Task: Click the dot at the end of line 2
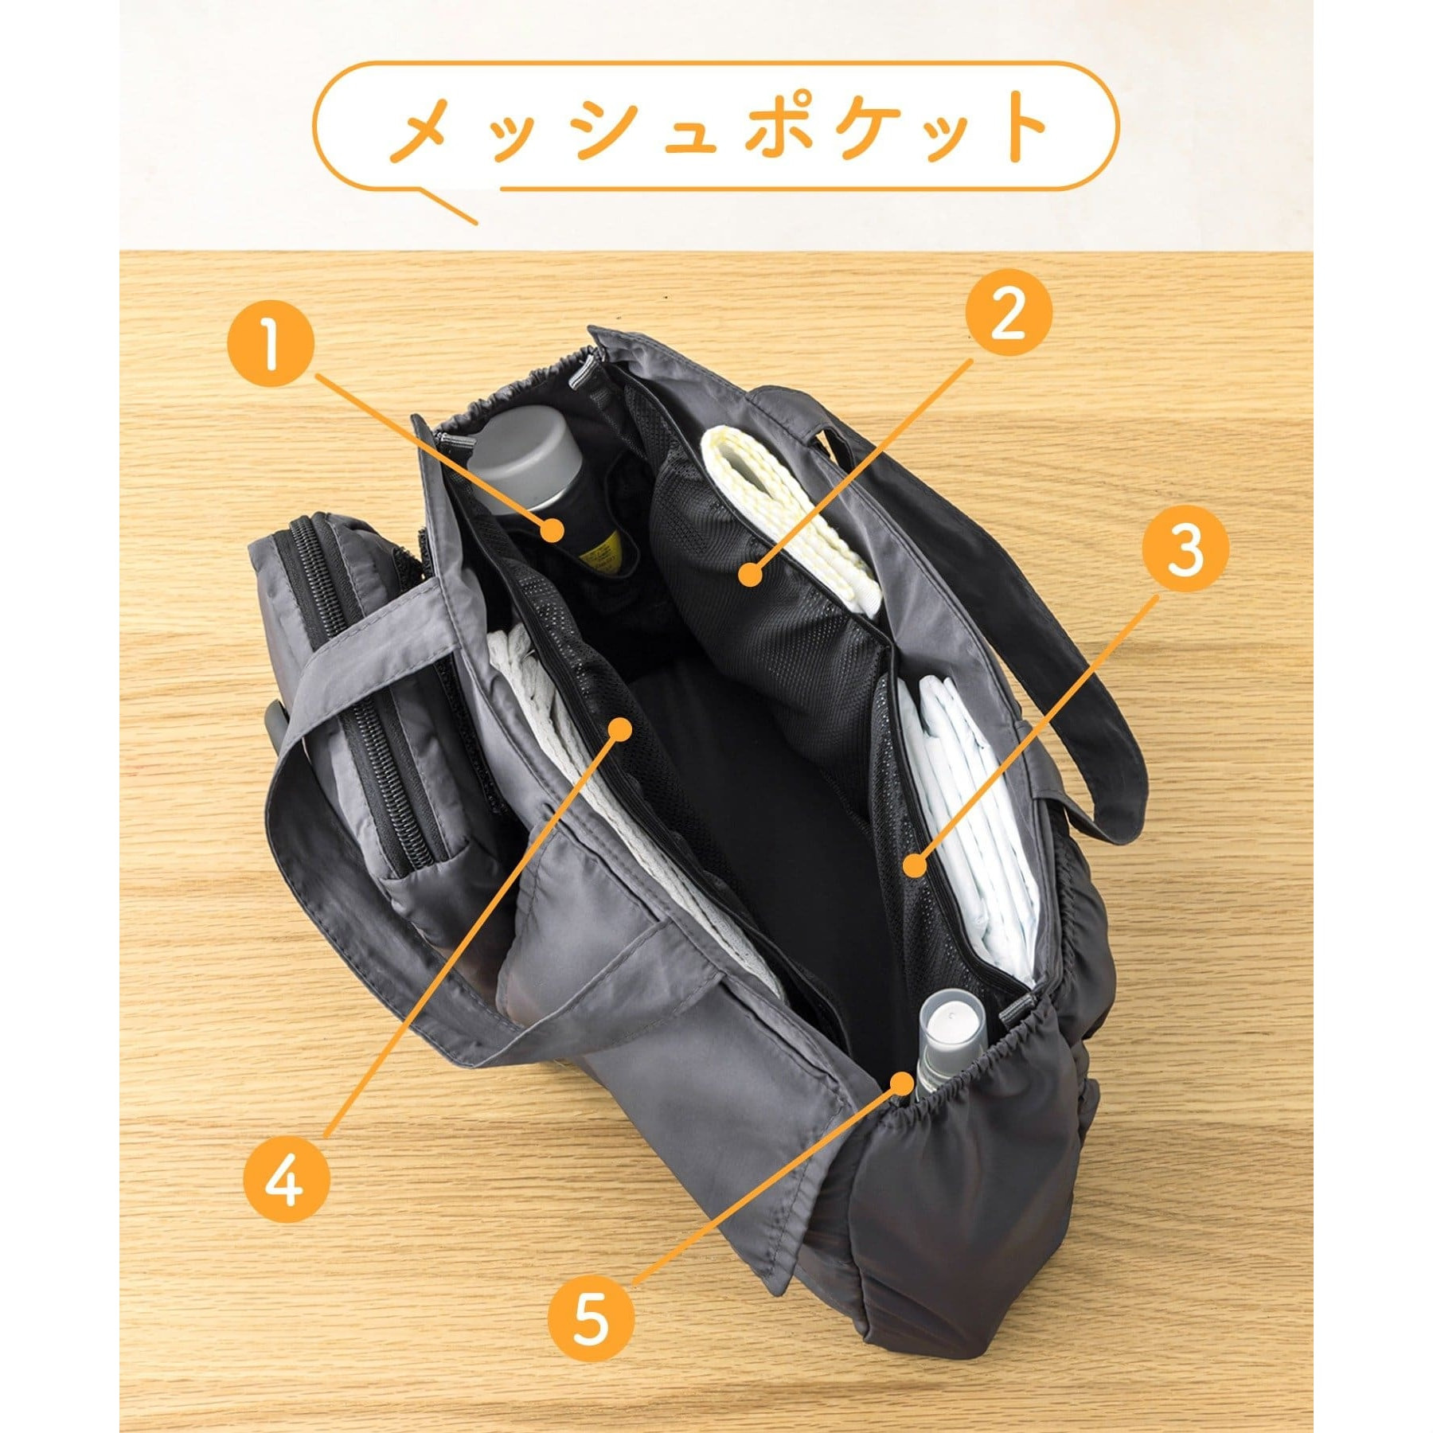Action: click(748, 573)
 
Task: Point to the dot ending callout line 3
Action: click(916, 863)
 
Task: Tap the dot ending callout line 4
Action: click(619, 727)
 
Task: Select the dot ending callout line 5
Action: click(900, 1083)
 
